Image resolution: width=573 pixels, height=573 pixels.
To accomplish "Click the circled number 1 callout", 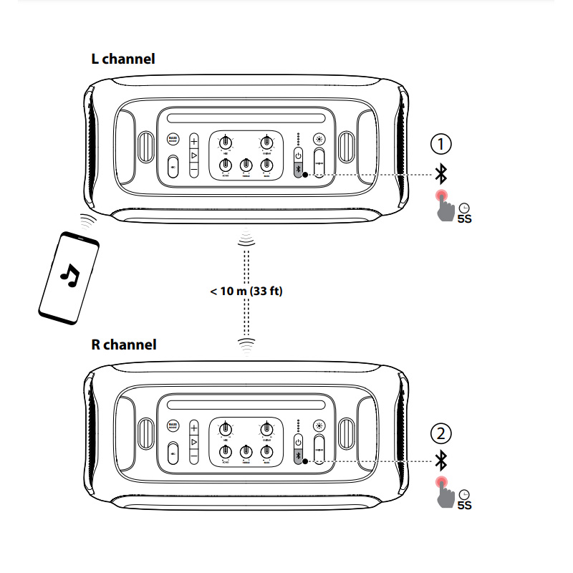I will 441,144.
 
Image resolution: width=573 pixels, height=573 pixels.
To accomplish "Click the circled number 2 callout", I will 441,433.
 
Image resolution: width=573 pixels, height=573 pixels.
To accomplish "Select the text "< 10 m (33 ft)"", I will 246,292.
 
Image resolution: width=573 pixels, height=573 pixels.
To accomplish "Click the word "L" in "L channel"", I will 95,59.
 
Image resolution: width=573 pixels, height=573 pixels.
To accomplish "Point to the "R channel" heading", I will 123,345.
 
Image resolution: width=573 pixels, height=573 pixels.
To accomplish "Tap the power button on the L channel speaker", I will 299,156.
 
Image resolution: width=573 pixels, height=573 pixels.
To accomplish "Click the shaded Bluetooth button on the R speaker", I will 299,457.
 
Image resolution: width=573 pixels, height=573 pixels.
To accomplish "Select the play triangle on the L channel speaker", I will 193,155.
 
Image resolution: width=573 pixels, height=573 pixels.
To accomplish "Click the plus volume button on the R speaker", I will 193,428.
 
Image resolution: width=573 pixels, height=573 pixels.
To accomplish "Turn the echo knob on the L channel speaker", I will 225,165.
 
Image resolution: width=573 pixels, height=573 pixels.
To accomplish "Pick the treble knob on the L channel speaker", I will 246,165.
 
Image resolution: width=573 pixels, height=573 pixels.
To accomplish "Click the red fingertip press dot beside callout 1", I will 442,196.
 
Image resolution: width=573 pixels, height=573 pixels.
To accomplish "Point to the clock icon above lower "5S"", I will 464,494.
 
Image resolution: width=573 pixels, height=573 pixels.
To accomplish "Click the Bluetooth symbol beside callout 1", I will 442,172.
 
